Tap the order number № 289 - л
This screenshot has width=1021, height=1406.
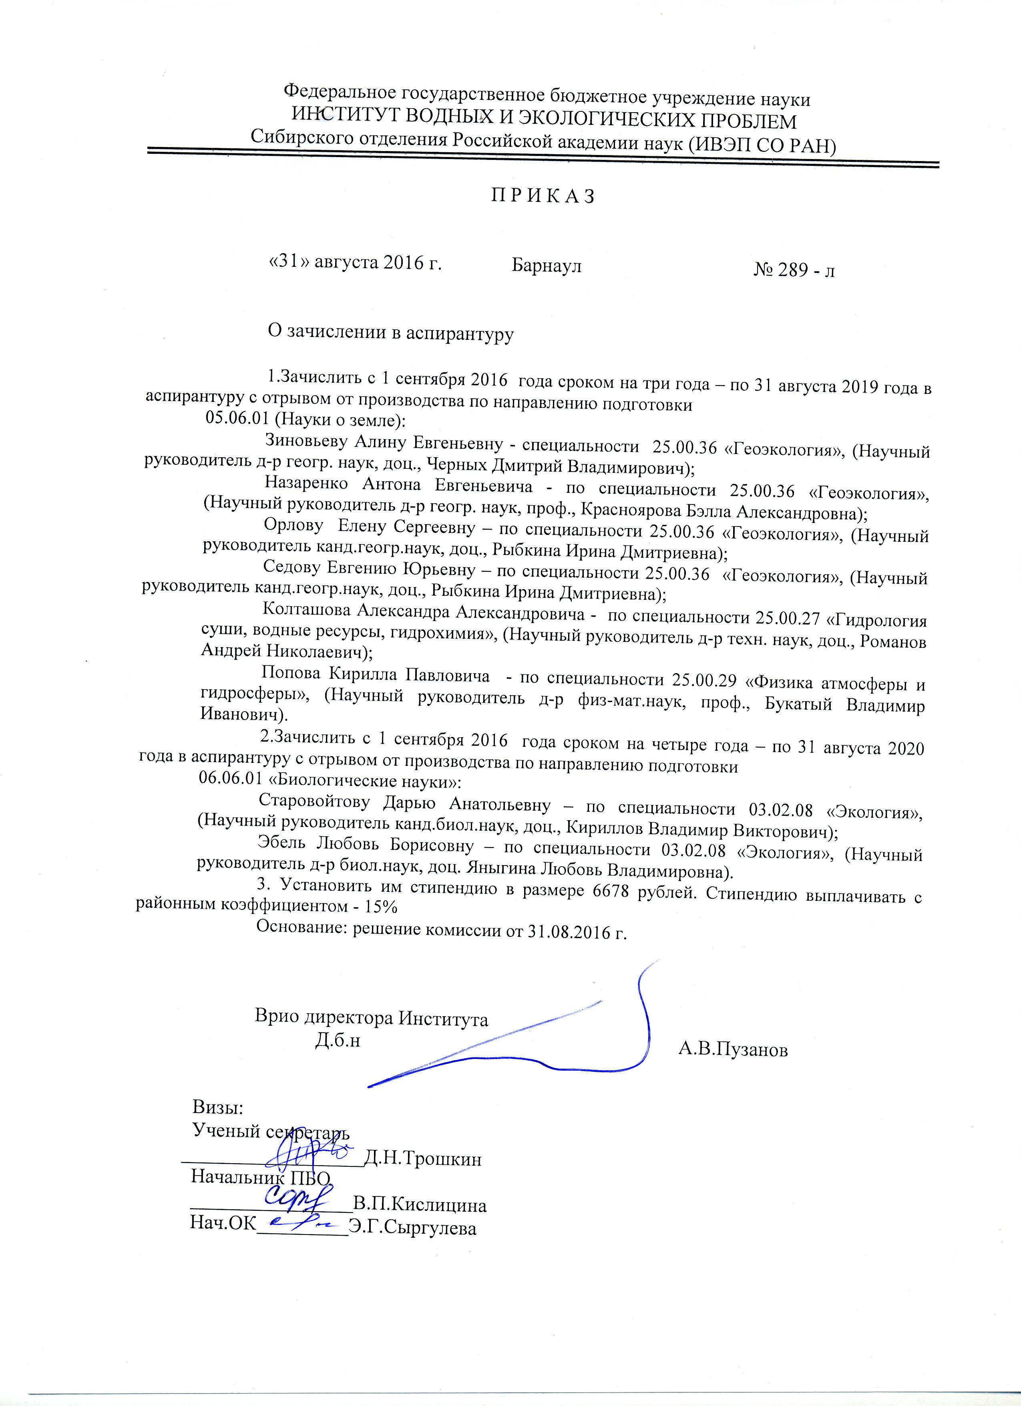794,270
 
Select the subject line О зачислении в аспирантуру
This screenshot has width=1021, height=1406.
390,333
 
